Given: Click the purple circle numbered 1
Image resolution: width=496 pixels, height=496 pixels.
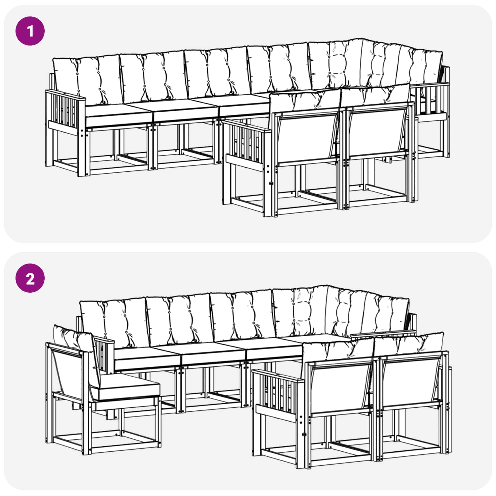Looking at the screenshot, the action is coord(30,31).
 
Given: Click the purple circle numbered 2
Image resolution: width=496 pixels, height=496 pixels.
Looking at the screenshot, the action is coord(30,278).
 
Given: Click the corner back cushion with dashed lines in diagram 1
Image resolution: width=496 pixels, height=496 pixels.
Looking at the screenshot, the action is coord(336,64).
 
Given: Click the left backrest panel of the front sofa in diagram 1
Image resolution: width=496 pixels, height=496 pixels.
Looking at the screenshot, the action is coord(307,136).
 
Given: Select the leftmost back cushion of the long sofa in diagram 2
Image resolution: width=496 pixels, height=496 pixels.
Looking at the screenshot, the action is coord(113,322).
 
